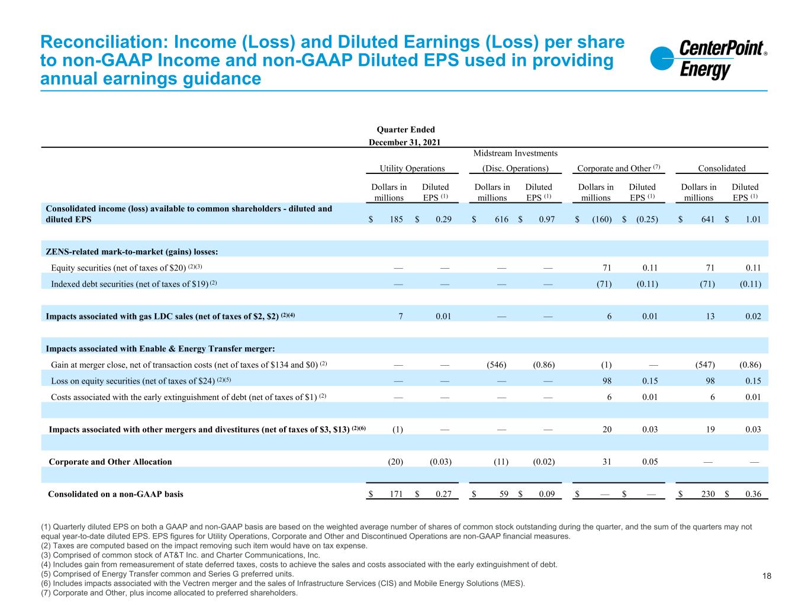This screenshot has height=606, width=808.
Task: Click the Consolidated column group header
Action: (722, 168)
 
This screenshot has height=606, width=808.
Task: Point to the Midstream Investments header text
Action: (515, 154)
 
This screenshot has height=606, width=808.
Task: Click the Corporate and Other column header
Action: (614, 168)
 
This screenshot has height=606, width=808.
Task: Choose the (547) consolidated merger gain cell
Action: (704, 365)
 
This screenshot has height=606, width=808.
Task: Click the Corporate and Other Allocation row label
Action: (110, 462)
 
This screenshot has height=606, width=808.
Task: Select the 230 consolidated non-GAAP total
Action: (708, 494)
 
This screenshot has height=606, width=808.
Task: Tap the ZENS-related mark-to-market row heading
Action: (132, 252)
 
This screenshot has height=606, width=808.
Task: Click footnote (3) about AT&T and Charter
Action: (180, 555)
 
